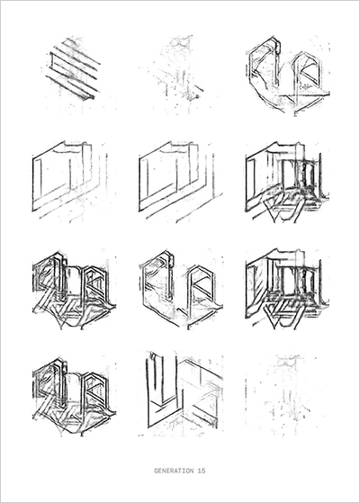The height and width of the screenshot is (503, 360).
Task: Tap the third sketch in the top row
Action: (x=288, y=76)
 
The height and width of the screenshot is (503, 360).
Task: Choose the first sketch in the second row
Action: (x=70, y=180)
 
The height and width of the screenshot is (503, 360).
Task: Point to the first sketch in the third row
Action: (x=74, y=290)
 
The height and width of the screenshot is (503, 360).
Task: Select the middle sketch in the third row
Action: (x=181, y=289)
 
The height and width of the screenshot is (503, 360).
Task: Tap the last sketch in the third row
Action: (x=287, y=289)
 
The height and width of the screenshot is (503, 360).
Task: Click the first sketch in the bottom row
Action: (x=74, y=395)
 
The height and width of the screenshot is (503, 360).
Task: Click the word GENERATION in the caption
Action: (x=175, y=471)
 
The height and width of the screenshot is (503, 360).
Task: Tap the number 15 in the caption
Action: (x=202, y=471)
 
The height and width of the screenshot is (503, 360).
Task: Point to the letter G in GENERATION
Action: (x=156, y=471)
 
